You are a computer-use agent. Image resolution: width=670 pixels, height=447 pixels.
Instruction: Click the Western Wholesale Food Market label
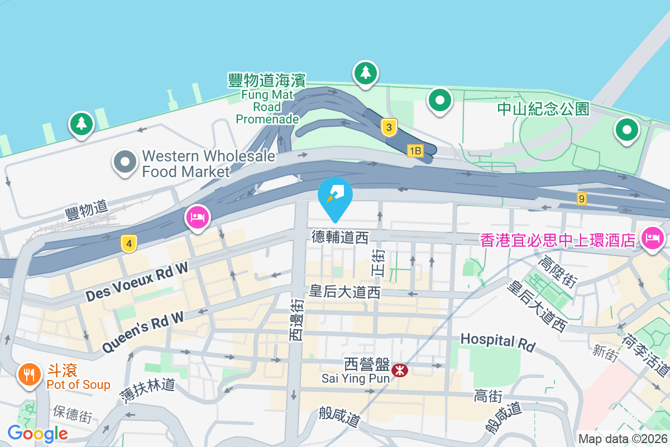pos(208,163)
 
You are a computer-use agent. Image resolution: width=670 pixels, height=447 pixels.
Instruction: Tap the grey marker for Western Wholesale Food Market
pos(125,163)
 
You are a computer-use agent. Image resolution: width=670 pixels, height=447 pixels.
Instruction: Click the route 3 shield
pos(389,128)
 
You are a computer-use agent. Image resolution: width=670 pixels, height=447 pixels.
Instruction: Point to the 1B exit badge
pos(415,150)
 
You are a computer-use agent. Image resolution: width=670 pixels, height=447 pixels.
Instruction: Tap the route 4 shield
pos(129,244)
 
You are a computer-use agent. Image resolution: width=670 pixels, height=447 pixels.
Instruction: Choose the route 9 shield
pos(582,198)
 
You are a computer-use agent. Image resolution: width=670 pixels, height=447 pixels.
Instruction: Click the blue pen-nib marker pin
pos(335,196)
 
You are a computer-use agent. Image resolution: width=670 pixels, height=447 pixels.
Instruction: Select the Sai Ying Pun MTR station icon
pos(399,370)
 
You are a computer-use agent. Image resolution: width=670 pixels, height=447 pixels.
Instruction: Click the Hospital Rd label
pos(497,342)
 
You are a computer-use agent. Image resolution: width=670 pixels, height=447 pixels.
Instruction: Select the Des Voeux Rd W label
pos(137,283)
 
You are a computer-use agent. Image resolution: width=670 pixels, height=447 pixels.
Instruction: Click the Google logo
pos(38,433)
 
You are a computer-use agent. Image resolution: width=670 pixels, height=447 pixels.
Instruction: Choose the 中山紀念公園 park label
pos(543,108)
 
